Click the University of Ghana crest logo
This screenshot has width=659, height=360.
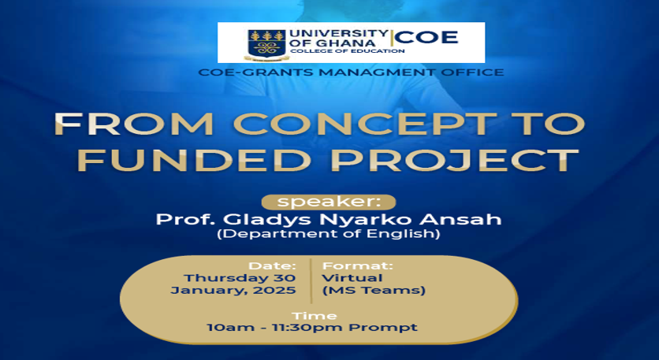click(x=266, y=43)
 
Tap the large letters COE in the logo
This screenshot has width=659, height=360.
click(x=426, y=38)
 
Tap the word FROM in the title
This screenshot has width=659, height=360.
click(x=134, y=124)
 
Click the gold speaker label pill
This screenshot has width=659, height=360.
click(x=329, y=202)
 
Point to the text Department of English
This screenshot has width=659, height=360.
click(x=329, y=233)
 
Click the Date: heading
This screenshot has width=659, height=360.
click(x=272, y=266)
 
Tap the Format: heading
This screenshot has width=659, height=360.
click(x=358, y=266)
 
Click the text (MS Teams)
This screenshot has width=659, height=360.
click(x=374, y=290)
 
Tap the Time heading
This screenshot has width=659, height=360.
click(x=315, y=316)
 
